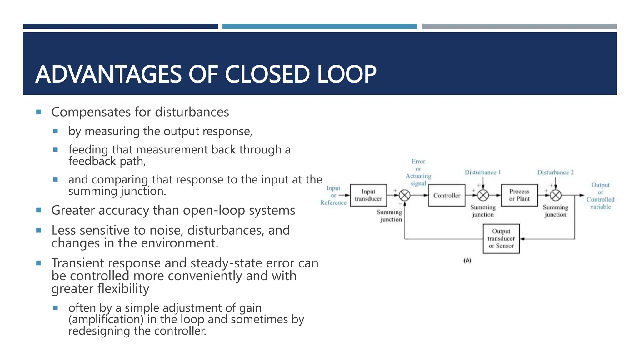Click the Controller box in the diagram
coord(447,195)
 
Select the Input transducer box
coord(368,195)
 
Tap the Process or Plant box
coord(519,195)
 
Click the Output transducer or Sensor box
coord(501,239)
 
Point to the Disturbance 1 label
coord(482,172)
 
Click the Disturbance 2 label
coord(555,172)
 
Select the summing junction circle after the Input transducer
coord(405,196)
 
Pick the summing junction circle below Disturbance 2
coord(556,196)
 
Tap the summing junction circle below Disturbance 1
coord(483,196)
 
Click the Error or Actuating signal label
coord(418,172)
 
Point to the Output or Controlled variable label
coord(600,196)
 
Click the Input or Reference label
coord(333,196)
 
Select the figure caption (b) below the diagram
coord(467,260)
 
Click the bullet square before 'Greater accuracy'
coord(39,210)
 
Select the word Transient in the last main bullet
coord(74,263)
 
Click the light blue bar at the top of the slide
coord(319,27)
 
